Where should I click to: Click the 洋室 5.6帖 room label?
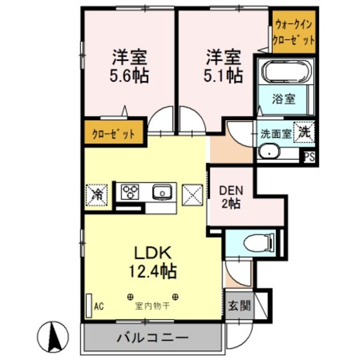point(129,67)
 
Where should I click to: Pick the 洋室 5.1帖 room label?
point(223,66)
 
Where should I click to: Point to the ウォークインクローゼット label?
point(293,32)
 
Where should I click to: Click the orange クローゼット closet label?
point(113,134)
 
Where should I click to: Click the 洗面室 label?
point(275,134)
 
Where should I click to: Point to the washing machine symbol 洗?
point(304,133)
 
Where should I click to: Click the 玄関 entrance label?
point(237,307)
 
